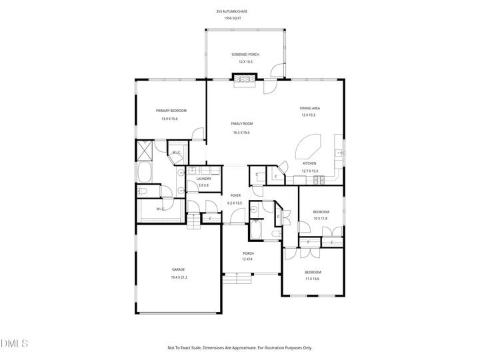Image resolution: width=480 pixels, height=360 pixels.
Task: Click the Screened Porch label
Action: [245, 54]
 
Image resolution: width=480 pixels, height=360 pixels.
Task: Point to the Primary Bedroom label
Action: [171, 111]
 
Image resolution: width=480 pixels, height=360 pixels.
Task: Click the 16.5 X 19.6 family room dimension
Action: [243, 132]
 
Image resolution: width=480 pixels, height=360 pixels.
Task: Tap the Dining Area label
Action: [311, 107]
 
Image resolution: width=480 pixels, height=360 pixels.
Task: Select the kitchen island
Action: [309, 146]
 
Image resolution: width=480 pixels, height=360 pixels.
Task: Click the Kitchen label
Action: [309, 163]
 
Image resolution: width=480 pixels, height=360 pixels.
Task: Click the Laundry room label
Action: [204, 178]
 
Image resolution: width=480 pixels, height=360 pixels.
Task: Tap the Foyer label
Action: [235, 195]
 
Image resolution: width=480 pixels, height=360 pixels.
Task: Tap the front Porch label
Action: [248, 253]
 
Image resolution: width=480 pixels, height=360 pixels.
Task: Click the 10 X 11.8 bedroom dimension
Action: [321, 218]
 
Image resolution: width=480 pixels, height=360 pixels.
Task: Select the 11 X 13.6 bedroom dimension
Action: [313, 279]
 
